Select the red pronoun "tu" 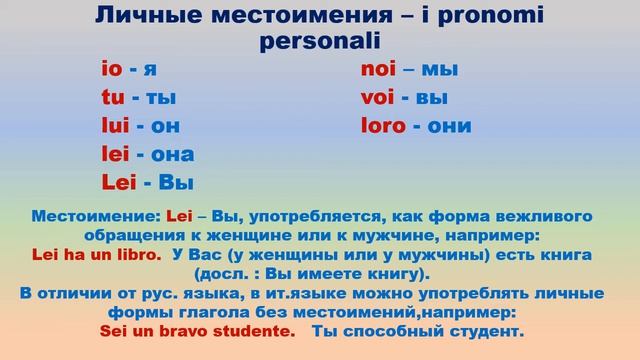pyautogui.click(x=111, y=98)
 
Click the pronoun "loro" pyautogui.click(x=383, y=126)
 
